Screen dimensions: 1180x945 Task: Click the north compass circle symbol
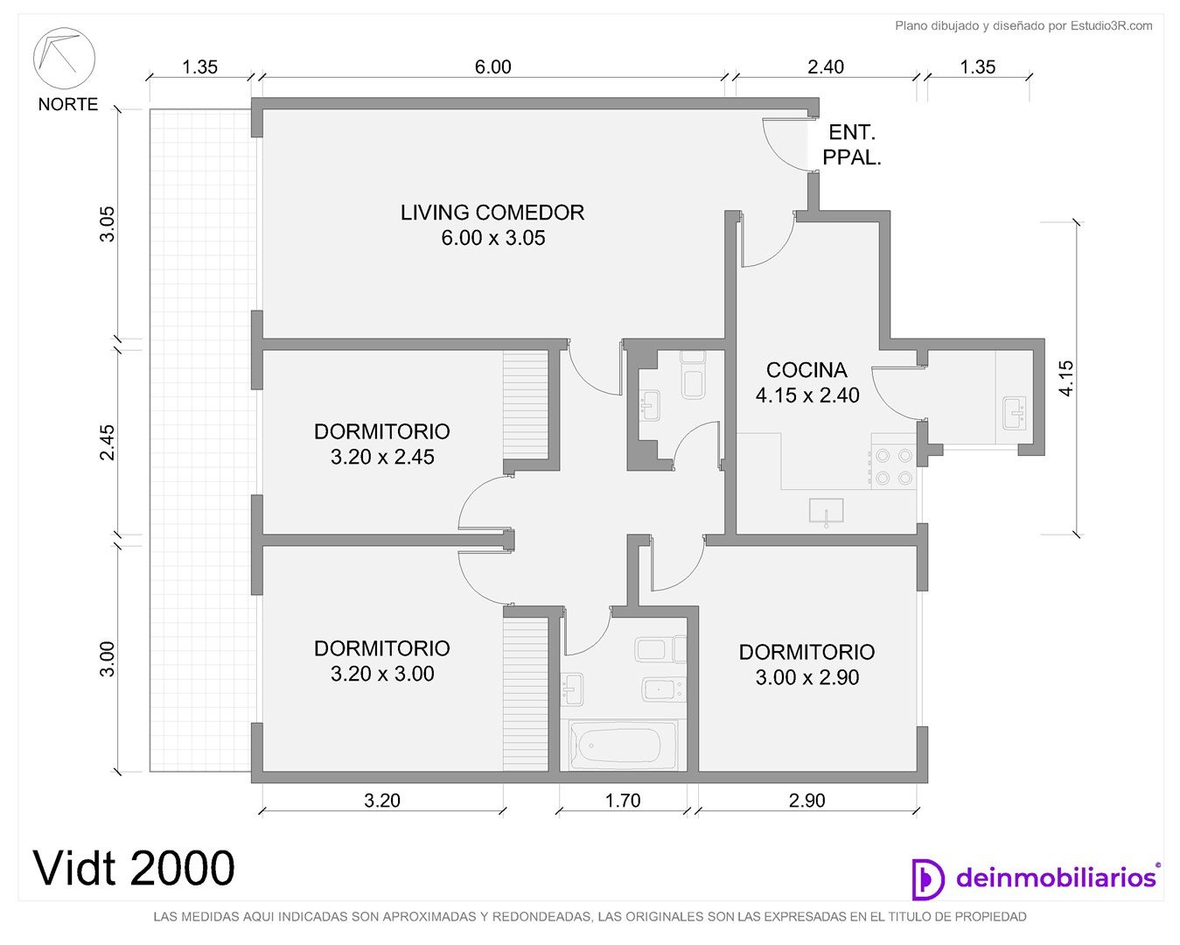(x=64, y=59)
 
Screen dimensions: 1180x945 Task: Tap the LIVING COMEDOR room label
(x=492, y=225)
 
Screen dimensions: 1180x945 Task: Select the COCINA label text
(x=806, y=370)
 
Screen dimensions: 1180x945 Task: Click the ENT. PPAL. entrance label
(x=852, y=144)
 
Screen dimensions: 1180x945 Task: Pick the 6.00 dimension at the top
(x=493, y=66)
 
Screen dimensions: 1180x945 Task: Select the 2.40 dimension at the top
(x=826, y=66)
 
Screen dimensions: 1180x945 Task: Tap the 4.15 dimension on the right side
(x=1066, y=379)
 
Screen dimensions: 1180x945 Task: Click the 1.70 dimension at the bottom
(x=622, y=801)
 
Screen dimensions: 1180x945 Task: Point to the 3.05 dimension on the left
(x=108, y=224)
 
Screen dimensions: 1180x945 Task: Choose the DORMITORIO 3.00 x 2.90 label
(x=806, y=664)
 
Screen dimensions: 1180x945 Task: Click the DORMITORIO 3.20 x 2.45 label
(x=382, y=444)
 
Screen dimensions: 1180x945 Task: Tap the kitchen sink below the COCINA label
(x=827, y=511)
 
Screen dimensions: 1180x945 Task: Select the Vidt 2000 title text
(x=135, y=868)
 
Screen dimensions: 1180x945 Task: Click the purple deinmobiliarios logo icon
(x=928, y=879)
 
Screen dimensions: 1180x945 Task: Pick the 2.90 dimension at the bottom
(x=806, y=801)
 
